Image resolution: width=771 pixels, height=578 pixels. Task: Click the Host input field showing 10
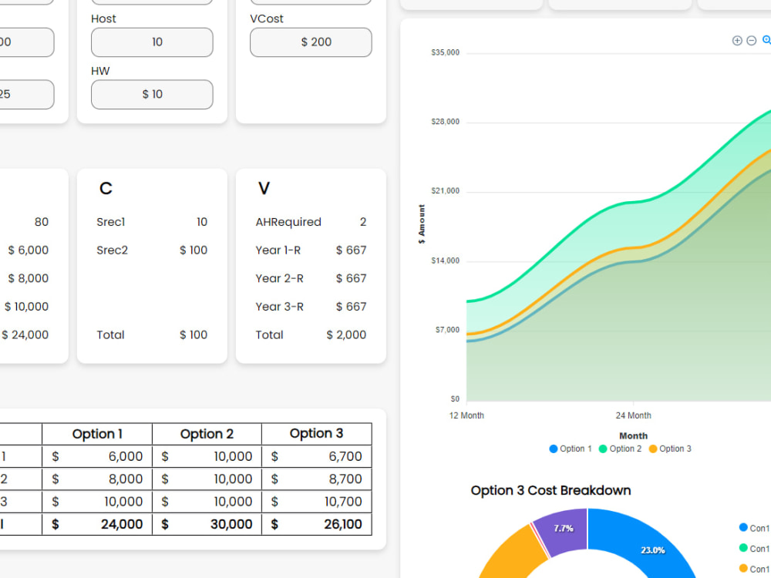tap(152, 42)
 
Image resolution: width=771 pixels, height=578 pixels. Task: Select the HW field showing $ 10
tap(152, 94)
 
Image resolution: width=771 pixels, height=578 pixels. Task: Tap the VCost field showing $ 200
tap(311, 42)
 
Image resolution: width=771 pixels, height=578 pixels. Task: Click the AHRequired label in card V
tap(288, 222)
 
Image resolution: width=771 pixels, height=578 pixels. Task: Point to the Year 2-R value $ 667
tap(351, 279)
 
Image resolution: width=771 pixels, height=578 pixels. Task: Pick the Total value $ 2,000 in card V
tap(346, 335)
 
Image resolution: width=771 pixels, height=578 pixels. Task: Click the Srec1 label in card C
tap(110, 222)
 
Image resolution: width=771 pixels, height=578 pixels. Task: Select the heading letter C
tap(106, 188)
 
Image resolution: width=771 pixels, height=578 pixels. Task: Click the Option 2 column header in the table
tap(207, 434)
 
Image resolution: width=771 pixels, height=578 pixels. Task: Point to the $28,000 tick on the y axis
tap(445, 122)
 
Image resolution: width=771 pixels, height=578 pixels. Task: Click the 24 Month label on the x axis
tap(633, 416)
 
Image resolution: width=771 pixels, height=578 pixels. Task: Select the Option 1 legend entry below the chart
tap(571, 449)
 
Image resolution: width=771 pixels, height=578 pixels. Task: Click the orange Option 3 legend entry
tap(670, 449)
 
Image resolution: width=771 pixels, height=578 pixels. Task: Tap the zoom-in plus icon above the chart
tap(737, 41)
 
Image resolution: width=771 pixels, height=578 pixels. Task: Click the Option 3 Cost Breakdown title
tap(550, 490)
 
